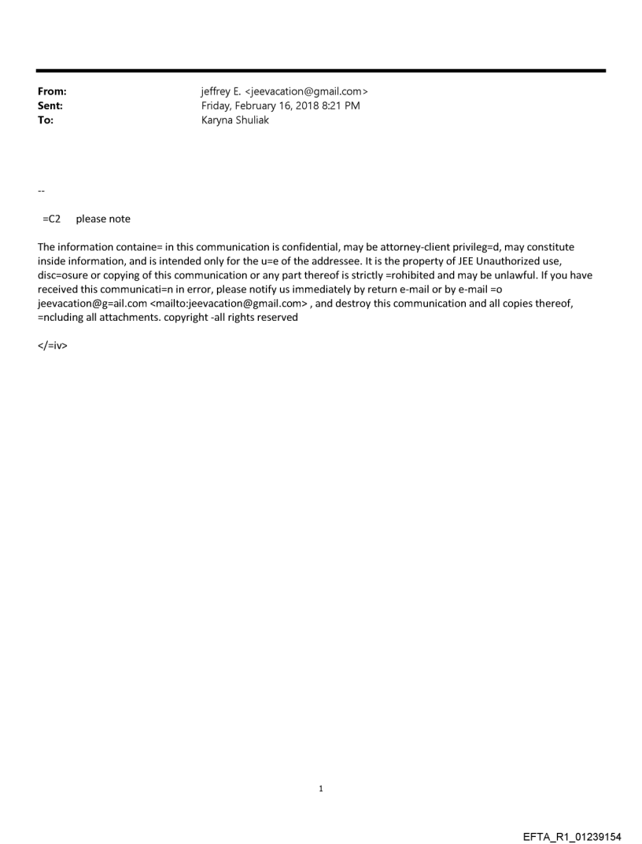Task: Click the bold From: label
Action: (52, 92)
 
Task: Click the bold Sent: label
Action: (50, 106)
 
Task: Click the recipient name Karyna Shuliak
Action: (235, 120)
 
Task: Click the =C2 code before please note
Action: (52, 219)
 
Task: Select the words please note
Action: (103, 219)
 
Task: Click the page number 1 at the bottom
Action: (321, 788)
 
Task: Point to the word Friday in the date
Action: (217, 106)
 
